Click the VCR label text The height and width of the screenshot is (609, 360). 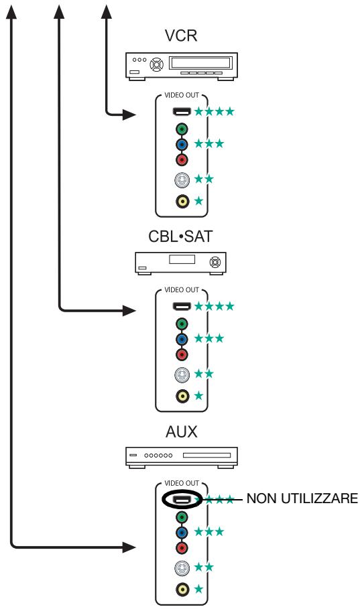(x=181, y=36)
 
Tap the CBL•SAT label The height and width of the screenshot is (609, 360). (x=181, y=236)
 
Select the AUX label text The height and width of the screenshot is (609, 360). (x=181, y=432)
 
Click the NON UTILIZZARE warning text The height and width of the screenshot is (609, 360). (x=302, y=498)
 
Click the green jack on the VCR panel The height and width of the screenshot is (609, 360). (x=182, y=129)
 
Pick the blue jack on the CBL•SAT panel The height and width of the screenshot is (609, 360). (x=182, y=339)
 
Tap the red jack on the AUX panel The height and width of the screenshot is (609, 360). (x=182, y=548)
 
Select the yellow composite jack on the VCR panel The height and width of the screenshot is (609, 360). (x=182, y=201)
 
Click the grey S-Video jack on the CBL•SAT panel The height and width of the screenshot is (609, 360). (x=182, y=375)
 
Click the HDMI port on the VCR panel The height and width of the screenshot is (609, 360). (x=182, y=112)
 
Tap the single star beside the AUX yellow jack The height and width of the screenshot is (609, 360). (x=198, y=589)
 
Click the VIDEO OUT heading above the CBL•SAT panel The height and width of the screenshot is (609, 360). (x=182, y=290)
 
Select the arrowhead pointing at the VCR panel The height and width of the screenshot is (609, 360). (x=129, y=114)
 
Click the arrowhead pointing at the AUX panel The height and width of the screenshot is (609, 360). (x=129, y=547)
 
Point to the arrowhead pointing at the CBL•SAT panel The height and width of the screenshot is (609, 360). (x=129, y=310)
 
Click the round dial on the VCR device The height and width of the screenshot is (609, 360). (x=157, y=64)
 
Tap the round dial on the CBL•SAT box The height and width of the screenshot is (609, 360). (x=215, y=262)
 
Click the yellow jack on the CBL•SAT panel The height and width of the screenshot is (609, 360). (x=182, y=396)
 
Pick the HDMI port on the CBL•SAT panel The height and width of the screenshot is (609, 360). (x=182, y=306)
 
